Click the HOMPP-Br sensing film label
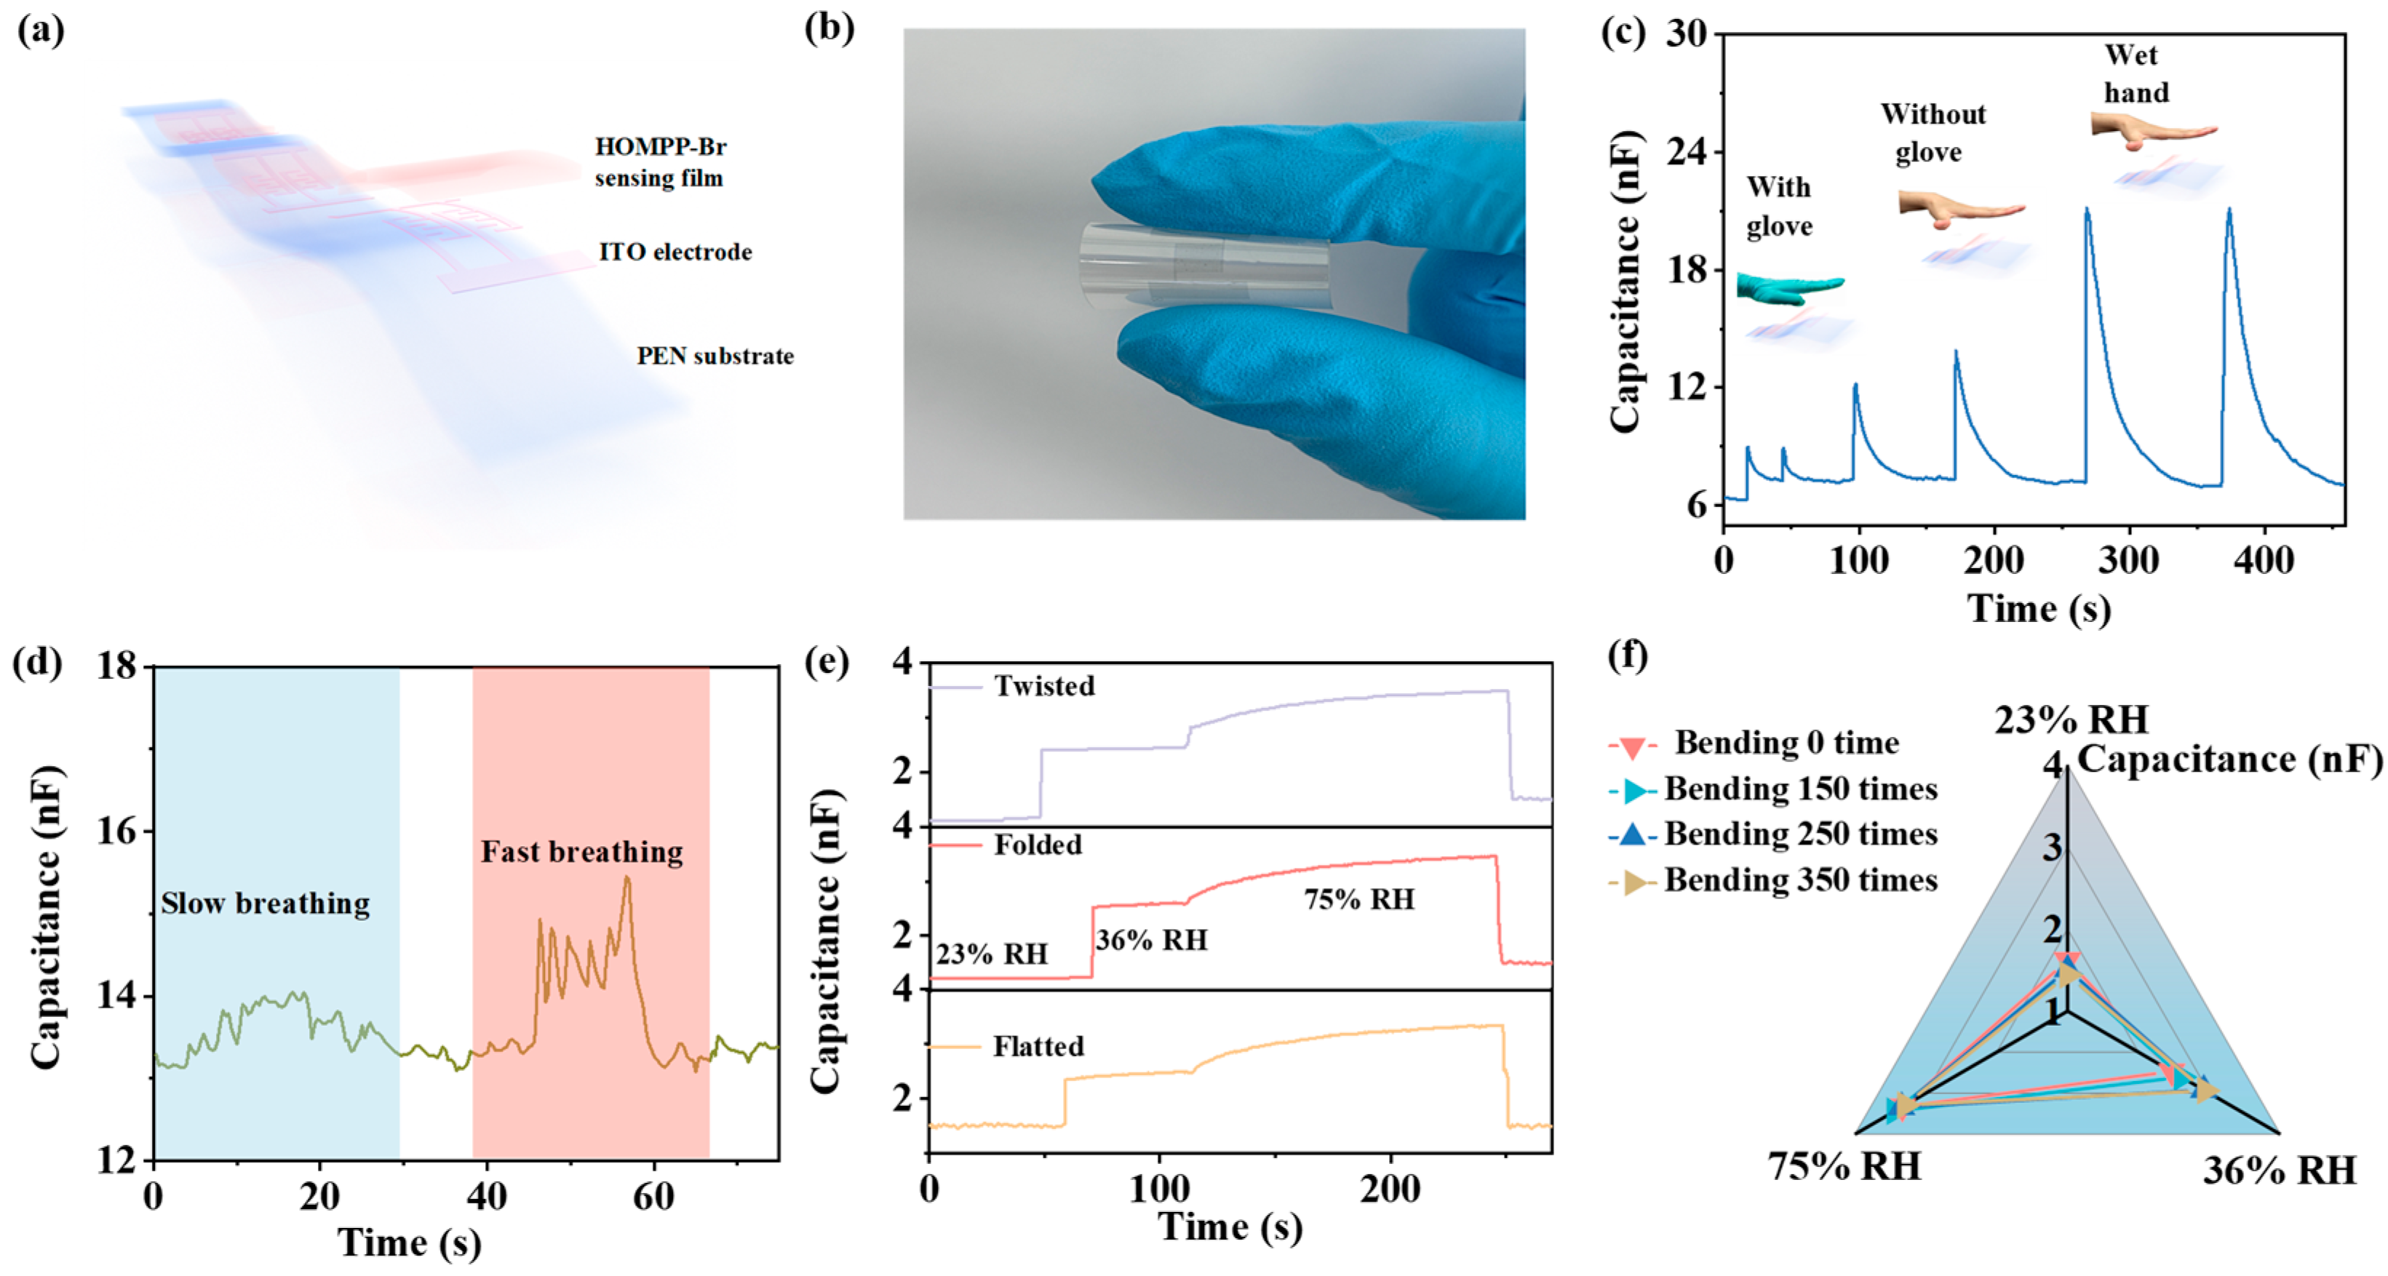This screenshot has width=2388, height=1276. pyautogui.click(x=659, y=162)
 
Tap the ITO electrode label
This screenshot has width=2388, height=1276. pyautogui.click(x=675, y=252)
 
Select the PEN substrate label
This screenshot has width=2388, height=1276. pyautogui.click(x=715, y=356)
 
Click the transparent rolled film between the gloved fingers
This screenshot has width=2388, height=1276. pyautogui.click(x=1203, y=265)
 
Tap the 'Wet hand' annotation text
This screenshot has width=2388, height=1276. pyautogui.click(x=2136, y=74)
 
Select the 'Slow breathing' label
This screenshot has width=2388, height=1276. pyautogui.click(x=265, y=904)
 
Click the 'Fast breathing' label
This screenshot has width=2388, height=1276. pyautogui.click(x=581, y=852)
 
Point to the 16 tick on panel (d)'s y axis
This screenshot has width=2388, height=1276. pyautogui.click(x=117, y=832)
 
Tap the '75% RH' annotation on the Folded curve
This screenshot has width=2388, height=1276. pyautogui.click(x=1359, y=900)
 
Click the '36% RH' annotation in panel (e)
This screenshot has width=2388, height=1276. pyautogui.click(x=1151, y=941)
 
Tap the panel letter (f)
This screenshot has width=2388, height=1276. pyautogui.click(x=1628, y=655)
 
